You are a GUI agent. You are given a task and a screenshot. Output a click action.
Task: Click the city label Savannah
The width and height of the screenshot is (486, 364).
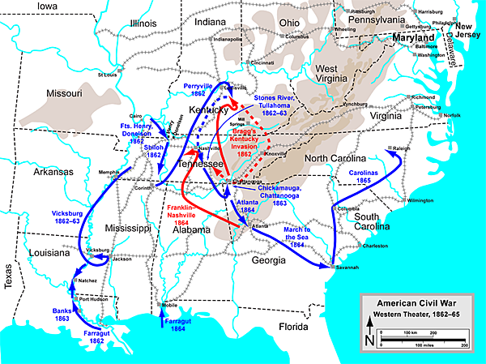point(344,268)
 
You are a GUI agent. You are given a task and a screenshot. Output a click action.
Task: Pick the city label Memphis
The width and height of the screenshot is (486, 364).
point(109,172)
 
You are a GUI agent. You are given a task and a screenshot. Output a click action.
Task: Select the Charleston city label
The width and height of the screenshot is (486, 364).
point(377,245)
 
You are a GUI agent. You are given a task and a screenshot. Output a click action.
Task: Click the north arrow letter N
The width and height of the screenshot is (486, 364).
point(371,341)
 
